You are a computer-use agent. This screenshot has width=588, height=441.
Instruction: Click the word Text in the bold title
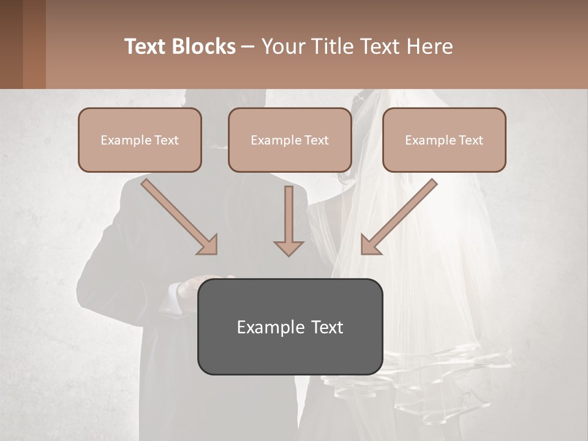click(146, 47)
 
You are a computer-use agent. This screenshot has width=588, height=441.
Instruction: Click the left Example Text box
click(140, 140)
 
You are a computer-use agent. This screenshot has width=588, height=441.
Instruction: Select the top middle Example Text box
click(290, 140)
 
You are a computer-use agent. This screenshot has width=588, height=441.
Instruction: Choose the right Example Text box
click(444, 140)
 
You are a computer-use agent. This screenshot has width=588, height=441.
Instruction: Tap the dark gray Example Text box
click(290, 326)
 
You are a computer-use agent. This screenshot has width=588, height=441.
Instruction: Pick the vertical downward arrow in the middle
click(288, 221)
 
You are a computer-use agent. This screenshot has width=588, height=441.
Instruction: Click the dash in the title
click(248, 47)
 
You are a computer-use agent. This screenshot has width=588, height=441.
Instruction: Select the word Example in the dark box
click(265, 327)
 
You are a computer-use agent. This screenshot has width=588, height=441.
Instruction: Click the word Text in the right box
click(470, 140)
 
